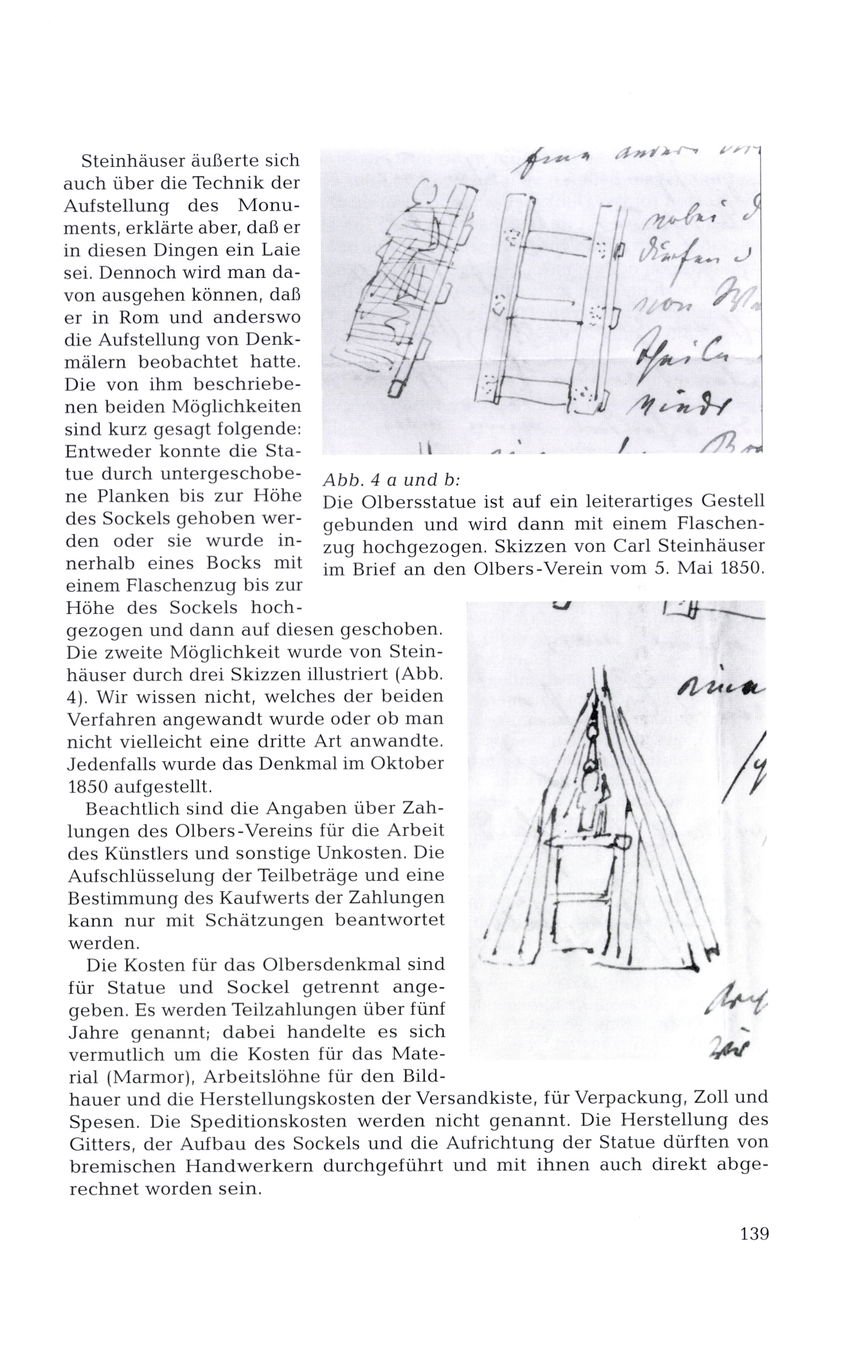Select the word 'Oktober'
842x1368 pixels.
click(x=406, y=763)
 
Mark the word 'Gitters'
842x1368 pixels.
click(x=100, y=1144)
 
